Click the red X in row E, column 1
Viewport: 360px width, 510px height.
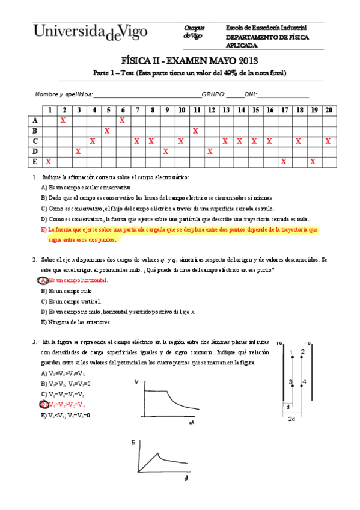pos(48,162)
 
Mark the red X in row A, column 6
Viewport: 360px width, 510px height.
pos(122,120)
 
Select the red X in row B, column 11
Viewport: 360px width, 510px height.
pos(195,131)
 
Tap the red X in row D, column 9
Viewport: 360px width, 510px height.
pos(165,152)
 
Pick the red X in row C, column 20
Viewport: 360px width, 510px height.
pos(328,141)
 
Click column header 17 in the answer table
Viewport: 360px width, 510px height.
pos(284,110)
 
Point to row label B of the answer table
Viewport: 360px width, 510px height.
pos(35,131)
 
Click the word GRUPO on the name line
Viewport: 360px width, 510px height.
pos(213,94)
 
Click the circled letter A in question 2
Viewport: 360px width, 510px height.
pos(43,280)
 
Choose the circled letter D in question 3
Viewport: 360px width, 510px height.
pos(43,404)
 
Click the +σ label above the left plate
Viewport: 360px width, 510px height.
pos(279,342)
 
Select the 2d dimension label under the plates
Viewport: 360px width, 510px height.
pos(292,419)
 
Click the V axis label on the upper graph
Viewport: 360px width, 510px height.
pos(136,381)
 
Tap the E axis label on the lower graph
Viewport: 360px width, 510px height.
pos(133,442)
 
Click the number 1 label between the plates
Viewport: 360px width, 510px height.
pos(291,352)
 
